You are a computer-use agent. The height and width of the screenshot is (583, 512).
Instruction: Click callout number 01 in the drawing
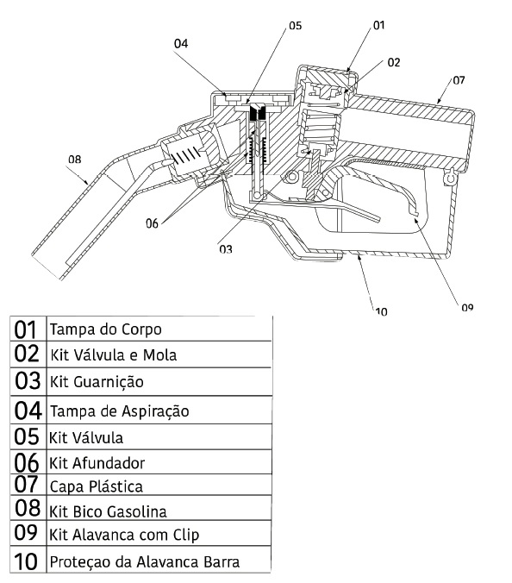tap(378, 25)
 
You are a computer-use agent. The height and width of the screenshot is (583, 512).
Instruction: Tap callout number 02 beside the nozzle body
tap(393, 62)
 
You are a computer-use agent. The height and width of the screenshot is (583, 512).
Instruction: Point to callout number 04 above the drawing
tap(181, 43)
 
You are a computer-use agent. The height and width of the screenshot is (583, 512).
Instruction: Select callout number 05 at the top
tap(296, 25)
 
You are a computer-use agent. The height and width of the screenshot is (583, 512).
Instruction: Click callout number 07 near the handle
tap(459, 80)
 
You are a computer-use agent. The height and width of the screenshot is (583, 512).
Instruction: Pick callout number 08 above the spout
tap(75, 160)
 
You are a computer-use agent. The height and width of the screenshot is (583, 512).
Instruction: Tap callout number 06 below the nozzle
tap(152, 223)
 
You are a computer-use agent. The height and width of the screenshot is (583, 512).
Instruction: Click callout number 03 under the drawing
tap(226, 248)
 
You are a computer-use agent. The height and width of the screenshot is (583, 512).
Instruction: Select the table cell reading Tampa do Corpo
tap(106, 329)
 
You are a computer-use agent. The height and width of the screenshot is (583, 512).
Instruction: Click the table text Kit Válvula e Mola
tap(113, 355)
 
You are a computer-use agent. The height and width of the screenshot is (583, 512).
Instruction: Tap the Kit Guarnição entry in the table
tap(97, 382)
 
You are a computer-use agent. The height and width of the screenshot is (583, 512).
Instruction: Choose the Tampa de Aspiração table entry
tap(119, 411)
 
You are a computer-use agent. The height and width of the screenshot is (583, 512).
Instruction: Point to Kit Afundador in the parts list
tap(97, 463)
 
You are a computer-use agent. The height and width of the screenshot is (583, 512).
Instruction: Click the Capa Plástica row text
tap(97, 486)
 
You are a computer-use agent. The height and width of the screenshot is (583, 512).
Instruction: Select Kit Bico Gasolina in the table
tap(108, 511)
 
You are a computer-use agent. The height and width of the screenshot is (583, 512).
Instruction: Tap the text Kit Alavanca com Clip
tap(124, 535)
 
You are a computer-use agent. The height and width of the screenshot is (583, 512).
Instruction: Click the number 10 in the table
tap(26, 561)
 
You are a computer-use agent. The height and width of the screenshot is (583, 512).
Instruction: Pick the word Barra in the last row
tap(222, 561)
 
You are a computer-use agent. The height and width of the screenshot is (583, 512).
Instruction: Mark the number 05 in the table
tap(27, 436)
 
